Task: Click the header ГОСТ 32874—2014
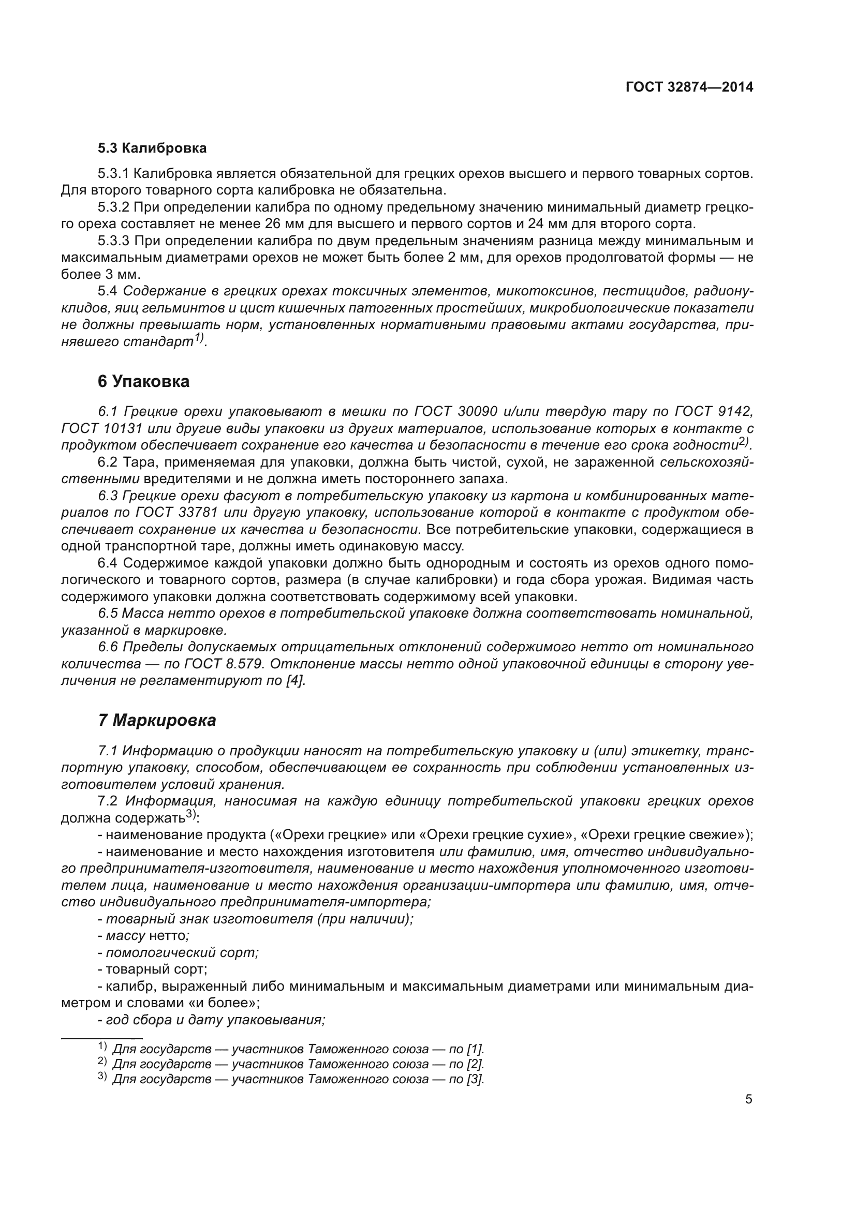pyautogui.click(x=689, y=87)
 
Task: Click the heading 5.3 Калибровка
pyautogui.click(x=152, y=148)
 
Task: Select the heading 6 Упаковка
pyautogui.click(x=143, y=382)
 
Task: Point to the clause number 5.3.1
pyautogui.click(x=113, y=173)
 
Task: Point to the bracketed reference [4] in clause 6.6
pyautogui.click(x=294, y=681)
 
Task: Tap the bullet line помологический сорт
pyautogui.click(x=182, y=952)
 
